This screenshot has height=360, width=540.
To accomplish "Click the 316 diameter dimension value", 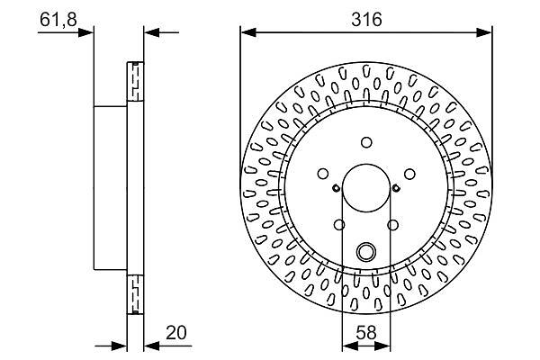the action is (x=366, y=19).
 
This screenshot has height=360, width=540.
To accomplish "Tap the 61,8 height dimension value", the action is (x=58, y=19).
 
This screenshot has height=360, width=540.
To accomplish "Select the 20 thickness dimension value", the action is (x=176, y=333).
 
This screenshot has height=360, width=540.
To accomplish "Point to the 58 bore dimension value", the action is (x=366, y=333).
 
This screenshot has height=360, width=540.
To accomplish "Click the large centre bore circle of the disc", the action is (x=366, y=188).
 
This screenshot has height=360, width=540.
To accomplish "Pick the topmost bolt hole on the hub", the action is (x=366, y=142).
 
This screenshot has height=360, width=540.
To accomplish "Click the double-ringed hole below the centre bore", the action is (x=365, y=252).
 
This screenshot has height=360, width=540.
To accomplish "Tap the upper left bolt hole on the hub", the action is (x=323, y=174).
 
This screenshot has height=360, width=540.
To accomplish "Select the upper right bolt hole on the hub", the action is (x=409, y=174).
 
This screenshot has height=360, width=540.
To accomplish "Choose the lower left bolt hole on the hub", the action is (x=339, y=225).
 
